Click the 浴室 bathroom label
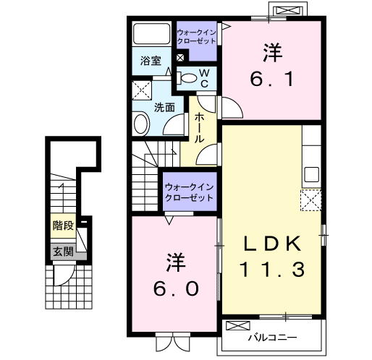coord(151,61)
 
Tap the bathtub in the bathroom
coord(152,33)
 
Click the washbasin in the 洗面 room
coord(141,124)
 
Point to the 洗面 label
coord(164,107)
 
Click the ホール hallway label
coord(199,127)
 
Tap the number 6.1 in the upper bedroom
coord(272,79)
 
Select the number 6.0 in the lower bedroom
coord(176,289)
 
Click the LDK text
coord(272,244)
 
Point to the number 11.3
coord(272,270)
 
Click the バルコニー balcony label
coord(272,338)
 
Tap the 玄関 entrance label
coord(63,252)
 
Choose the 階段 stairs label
coord(63,226)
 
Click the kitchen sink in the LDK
coord(311,174)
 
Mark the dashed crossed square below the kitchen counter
coord(310,200)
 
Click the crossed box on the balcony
coord(238,325)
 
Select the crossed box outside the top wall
coord(288,11)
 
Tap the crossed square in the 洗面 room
coord(142,90)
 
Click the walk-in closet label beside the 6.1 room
coord(197,37)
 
